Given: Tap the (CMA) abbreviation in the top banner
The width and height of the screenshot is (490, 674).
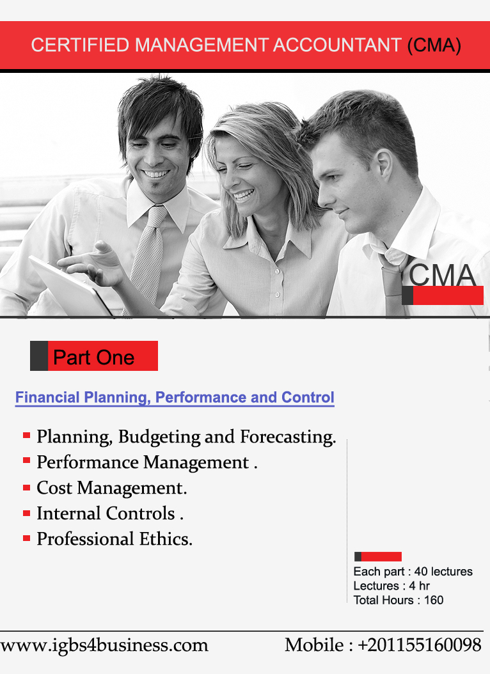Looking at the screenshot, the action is pos(434,45).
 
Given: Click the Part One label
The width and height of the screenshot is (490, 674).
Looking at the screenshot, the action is pos(93,357).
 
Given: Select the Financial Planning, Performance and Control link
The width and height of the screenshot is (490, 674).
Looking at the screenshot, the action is pos(175,397).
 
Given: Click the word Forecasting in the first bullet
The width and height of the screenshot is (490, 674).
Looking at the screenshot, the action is pos(288,437).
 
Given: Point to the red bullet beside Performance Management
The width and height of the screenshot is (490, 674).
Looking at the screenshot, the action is pos(27,460).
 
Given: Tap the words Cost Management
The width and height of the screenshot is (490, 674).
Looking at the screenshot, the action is pos(112,488).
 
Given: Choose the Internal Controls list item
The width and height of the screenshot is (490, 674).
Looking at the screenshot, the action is pos(110,513).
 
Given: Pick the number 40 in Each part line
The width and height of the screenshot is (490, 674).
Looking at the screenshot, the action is pos(421,571).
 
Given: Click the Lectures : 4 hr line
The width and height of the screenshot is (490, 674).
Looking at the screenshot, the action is pos(391,586).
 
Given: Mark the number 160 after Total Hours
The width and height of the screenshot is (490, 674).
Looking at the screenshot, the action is pos(434,600).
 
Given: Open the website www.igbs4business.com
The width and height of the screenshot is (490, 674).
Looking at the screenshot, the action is pos(104,646).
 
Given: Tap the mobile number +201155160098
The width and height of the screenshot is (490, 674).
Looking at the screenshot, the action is pos(419,645).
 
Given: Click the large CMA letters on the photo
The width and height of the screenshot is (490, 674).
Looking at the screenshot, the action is pos(442,275).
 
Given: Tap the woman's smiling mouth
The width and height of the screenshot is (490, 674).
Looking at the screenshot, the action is pos(243,196).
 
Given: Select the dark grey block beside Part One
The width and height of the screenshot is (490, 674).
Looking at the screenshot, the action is pos(38,356).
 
